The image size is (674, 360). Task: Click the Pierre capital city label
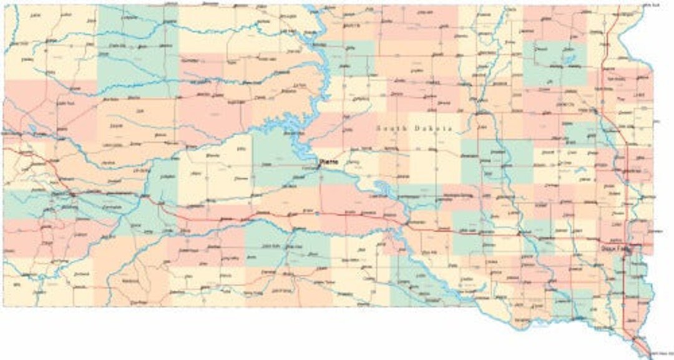328,163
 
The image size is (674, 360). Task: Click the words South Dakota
414,128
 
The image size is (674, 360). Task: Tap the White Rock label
652,5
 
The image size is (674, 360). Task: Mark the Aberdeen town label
481,54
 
